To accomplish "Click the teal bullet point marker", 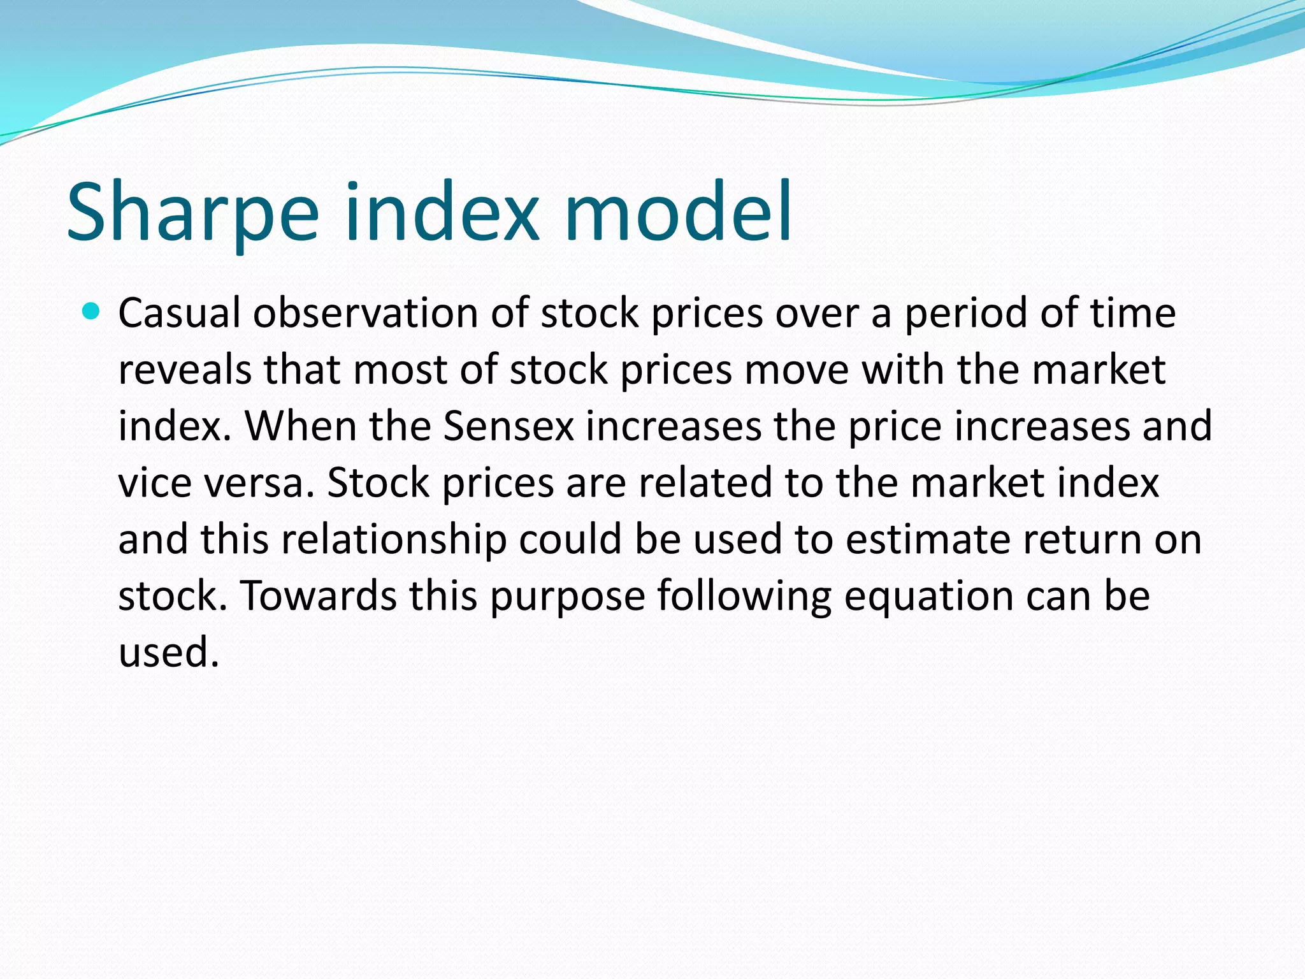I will [92, 312].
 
